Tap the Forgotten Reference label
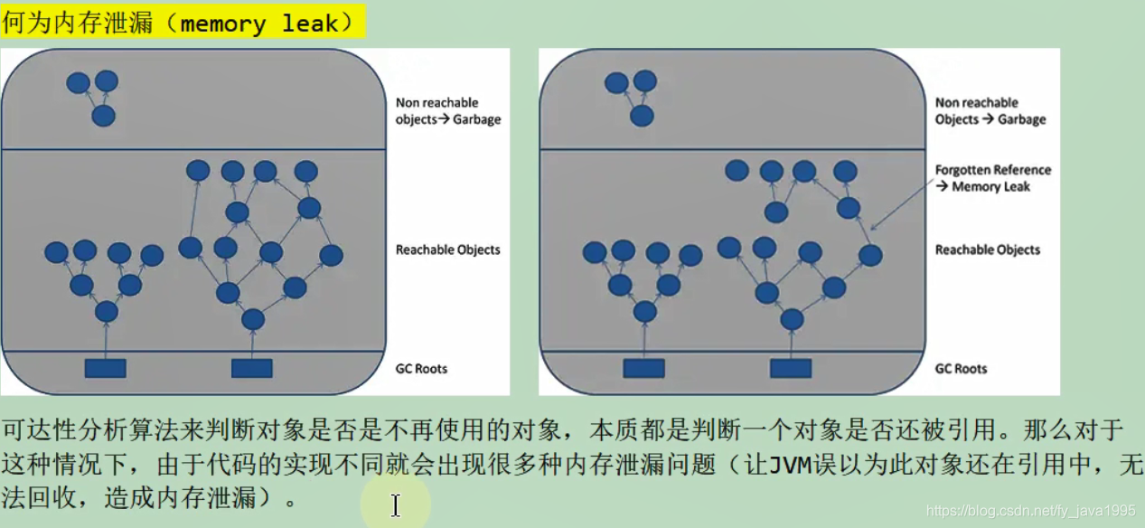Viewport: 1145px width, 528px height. [992, 170]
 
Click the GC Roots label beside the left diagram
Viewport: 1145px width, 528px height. [421, 368]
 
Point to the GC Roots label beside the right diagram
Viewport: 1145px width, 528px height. [961, 368]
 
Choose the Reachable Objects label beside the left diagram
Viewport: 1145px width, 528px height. [447, 250]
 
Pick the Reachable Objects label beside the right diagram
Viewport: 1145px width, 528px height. [987, 250]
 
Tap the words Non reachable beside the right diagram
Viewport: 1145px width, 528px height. [976, 103]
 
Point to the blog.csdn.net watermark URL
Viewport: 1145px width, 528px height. [1031, 511]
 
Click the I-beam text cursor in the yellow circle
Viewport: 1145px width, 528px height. [396, 505]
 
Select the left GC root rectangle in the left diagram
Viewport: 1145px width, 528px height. [105, 368]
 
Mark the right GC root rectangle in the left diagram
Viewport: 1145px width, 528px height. [251, 368]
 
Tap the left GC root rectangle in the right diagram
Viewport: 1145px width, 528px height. [643, 368]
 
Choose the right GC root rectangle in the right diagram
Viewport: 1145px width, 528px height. [791, 368]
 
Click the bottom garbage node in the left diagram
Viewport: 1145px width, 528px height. [104, 116]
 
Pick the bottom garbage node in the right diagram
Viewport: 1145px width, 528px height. [642, 116]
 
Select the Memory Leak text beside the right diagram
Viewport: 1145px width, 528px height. [991, 187]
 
